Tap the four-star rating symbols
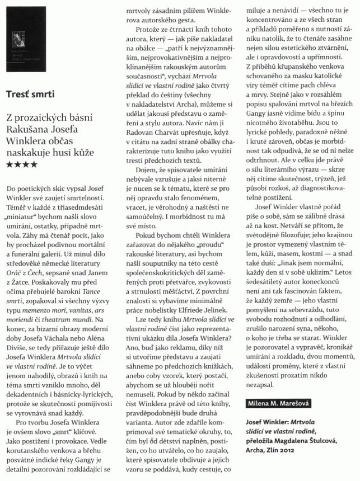pos(22,164)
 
